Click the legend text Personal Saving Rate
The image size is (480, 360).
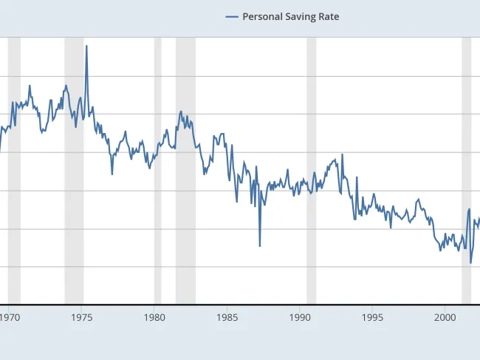pos(291,16)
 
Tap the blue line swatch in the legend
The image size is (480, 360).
pos(232,16)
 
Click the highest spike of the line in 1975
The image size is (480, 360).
pos(86,46)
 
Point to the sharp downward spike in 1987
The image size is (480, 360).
pos(260,245)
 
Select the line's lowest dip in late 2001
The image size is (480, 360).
pos(470,262)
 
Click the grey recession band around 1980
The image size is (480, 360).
pos(157,170)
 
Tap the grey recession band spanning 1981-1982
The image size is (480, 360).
pos(185,170)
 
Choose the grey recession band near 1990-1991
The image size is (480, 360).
pos(311,170)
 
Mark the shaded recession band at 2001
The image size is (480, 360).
pos(466,170)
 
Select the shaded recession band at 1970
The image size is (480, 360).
pos(14,170)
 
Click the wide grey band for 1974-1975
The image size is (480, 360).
pos(74,170)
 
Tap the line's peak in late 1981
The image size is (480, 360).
pos(181,112)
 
